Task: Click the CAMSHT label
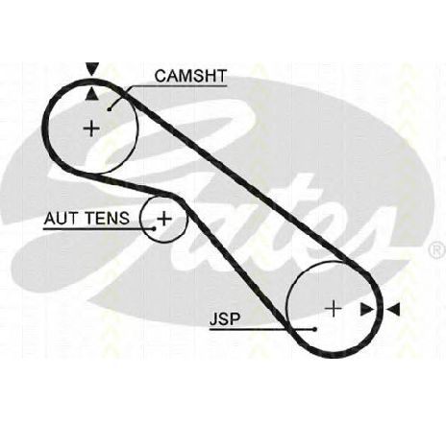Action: (190, 76)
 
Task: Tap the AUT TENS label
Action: (87, 219)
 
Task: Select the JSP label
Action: (225, 319)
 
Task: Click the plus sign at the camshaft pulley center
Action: (91, 129)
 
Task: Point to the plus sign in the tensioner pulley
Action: (164, 219)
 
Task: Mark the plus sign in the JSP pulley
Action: (334, 309)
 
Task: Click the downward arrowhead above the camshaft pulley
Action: (92, 69)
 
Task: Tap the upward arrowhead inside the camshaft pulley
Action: (92, 94)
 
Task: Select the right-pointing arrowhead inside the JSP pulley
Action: (367, 310)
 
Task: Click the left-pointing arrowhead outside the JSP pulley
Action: (393, 310)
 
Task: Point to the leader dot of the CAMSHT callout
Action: (110, 109)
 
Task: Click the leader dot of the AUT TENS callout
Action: (154, 228)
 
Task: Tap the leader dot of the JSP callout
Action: (315, 329)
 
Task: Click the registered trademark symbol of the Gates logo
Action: (438, 251)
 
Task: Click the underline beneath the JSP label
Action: (262, 329)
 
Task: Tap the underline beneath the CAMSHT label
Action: (177, 85)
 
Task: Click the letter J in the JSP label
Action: (213, 319)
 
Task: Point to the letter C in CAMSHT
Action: (161, 76)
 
